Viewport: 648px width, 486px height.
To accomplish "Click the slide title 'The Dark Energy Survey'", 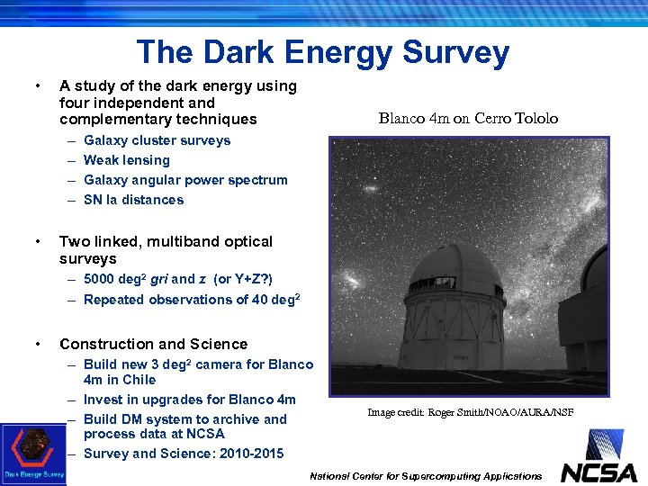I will [x=322, y=52].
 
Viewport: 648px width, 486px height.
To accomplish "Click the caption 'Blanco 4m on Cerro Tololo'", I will [x=468, y=119].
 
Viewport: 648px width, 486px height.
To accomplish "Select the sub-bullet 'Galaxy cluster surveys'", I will [x=157, y=140].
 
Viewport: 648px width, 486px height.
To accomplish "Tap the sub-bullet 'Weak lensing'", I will [x=126, y=160].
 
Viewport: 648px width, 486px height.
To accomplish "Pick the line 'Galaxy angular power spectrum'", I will [x=185, y=180].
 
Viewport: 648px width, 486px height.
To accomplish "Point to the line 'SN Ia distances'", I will [x=133, y=200].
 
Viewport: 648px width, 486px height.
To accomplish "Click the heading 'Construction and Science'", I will [x=153, y=344].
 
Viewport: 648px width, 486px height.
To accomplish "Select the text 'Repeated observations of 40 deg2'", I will [x=191, y=300].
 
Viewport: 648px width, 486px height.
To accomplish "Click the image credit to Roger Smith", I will [x=470, y=412].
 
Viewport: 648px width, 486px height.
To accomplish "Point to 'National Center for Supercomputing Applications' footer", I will [x=426, y=476].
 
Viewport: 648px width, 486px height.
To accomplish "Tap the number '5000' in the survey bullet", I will [x=100, y=279].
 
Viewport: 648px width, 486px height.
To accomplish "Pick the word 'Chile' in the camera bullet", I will [x=139, y=380].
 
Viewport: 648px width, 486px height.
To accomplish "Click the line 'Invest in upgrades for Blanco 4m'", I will [x=189, y=400].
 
